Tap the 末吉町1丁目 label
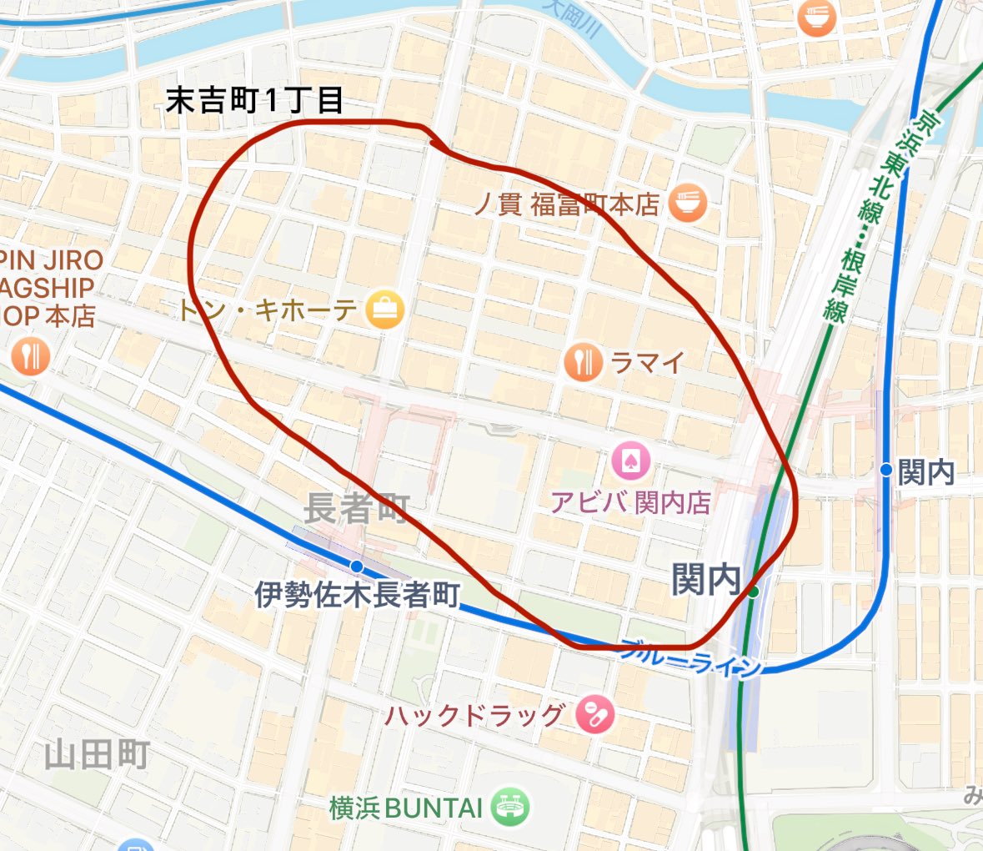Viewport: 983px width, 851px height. click(254, 101)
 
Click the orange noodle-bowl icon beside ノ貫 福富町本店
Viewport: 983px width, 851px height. click(688, 203)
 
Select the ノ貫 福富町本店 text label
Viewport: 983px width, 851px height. click(567, 204)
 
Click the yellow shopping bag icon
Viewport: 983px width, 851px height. click(384, 310)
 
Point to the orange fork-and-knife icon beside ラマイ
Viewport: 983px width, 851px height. click(583, 362)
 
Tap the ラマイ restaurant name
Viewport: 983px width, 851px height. click(648, 362)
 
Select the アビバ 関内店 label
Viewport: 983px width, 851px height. click(630, 502)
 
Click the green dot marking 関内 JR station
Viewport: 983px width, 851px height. click(753, 592)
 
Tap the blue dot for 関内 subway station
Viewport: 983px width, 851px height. click(886, 471)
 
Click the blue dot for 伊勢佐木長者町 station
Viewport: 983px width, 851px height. click(357, 566)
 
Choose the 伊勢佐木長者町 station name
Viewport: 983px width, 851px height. click(357, 595)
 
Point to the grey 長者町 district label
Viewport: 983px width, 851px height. click(356, 508)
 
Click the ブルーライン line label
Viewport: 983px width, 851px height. click(691, 657)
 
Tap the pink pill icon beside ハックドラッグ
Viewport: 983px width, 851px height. click(595, 715)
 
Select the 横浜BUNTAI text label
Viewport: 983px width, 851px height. click(406, 808)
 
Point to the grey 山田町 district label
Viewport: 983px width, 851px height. click(97, 755)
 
